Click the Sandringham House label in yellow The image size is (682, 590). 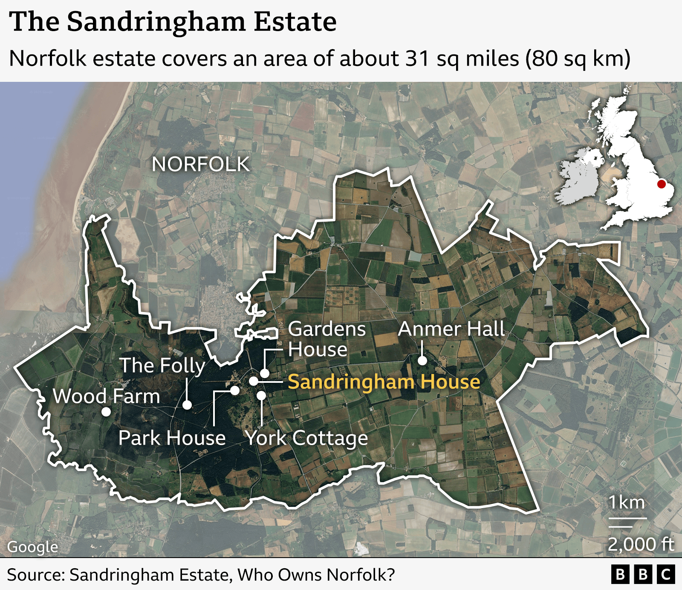(384, 382)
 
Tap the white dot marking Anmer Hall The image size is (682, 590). (422, 361)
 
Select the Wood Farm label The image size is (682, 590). (107, 396)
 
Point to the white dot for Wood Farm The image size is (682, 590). (106, 412)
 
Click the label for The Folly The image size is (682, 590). (162, 366)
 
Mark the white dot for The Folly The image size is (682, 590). (187, 405)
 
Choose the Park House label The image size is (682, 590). (172, 438)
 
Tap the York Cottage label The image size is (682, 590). (307, 438)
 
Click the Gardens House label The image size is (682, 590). (327, 339)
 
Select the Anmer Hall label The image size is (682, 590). (451, 329)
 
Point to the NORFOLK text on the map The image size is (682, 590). (201, 165)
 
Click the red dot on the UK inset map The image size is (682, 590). (661, 184)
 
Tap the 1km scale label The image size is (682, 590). (626, 503)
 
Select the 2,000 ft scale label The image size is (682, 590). (641, 544)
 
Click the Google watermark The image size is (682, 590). (33, 547)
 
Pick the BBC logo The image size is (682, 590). (643, 575)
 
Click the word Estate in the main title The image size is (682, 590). (295, 22)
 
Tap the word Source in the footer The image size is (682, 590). (35, 575)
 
